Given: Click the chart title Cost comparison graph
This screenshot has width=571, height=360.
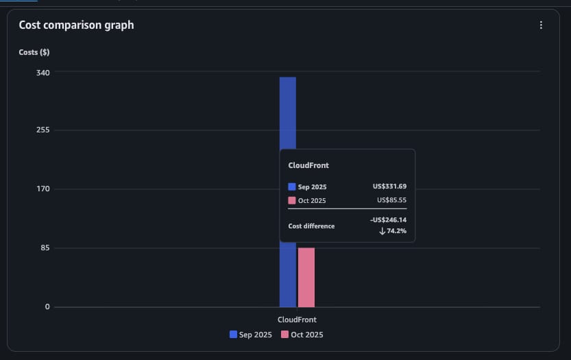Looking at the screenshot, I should click(76, 25).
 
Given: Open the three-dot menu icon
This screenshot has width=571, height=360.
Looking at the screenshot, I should click(541, 25).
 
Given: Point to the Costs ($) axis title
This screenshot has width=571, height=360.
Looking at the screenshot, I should click(34, 52).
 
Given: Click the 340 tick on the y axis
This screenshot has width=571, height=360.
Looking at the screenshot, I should click(42, 72).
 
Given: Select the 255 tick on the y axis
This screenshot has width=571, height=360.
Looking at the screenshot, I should click(42, 130).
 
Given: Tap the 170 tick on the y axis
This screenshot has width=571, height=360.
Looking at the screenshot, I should click(42, 189).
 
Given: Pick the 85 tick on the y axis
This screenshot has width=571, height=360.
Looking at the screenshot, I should click(45, 248).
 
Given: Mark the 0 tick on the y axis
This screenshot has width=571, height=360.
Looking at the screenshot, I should click(47, 307).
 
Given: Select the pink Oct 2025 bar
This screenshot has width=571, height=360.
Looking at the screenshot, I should click(306, 278).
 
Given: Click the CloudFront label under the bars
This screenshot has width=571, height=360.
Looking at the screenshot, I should click(297, 320).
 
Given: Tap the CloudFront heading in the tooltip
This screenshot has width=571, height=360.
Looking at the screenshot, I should click(308, 165).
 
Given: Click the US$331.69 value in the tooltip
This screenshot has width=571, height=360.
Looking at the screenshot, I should click(389, 187).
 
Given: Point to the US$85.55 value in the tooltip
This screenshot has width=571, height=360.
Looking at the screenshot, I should click(391, 200).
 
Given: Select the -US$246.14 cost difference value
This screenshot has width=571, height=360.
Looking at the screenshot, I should click(388, 220).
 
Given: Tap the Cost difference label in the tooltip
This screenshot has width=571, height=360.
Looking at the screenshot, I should click(311, 226).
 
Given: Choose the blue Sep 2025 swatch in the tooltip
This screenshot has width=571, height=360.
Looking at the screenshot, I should click(292, 187).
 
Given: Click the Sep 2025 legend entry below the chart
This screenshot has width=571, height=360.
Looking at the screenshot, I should click(250, 335).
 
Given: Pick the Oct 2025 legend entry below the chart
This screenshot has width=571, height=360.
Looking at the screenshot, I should click(301, 335).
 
